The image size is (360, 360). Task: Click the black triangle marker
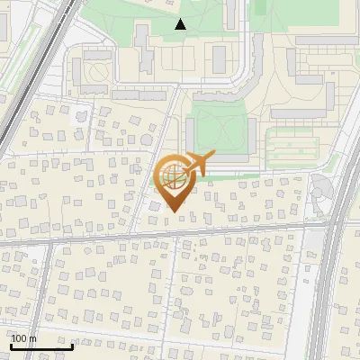pyautogui.click(x=181, y=24)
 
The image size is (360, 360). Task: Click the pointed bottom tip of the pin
pyautogui.click(x=172, y=212)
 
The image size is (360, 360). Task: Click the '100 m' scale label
pyautogui.click(x=24, y=338)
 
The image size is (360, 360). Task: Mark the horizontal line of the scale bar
pyautogui.click(x=41, y=346)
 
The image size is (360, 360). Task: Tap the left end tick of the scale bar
pyautogui.click(x=11, y=344)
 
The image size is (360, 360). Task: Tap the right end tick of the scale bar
pyautogui.click(x=72, y=344)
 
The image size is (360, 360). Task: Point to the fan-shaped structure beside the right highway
pyautogui.click(x=321, y=187)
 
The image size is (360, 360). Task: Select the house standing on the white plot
pyautogui.click(x=79, y=115)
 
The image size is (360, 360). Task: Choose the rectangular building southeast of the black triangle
pyautogui.click(x=220, y=58)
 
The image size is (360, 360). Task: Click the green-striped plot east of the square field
pyautogui.click(x=292, y=140)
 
